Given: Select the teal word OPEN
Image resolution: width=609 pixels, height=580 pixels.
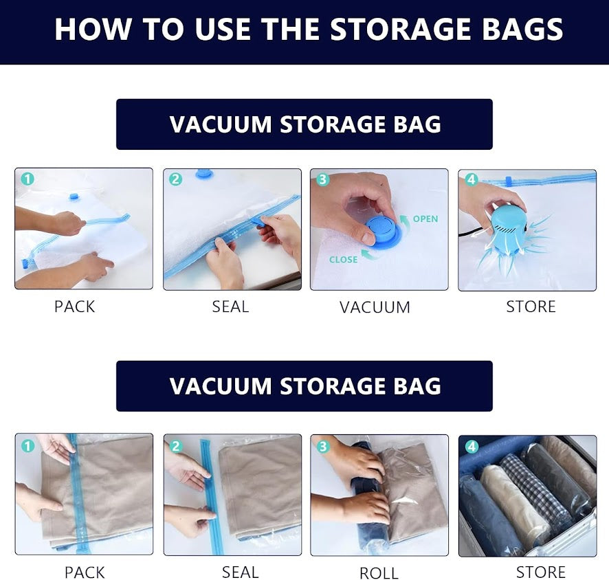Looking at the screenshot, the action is point(425,219).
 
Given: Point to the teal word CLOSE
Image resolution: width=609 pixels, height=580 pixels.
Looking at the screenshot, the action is point(344,259).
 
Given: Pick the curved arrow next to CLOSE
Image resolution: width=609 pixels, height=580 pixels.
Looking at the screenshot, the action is point(370,255).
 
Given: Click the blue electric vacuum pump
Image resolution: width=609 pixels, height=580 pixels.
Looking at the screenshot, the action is point(509,229).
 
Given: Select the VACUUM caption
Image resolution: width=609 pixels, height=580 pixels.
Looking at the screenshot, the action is point(375,307).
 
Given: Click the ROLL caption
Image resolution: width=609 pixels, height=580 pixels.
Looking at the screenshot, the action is point(379,573).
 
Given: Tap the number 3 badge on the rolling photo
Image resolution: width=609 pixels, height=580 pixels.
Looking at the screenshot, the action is point(323,447).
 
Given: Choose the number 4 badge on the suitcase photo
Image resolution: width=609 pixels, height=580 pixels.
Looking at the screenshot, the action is point(472,447).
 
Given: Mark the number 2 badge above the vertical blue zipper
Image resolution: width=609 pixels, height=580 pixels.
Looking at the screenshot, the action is point(175,447).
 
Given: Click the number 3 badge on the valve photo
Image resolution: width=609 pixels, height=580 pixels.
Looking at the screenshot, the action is point(323,179).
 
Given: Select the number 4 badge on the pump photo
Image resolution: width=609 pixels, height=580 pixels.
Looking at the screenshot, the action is point(472,179).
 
